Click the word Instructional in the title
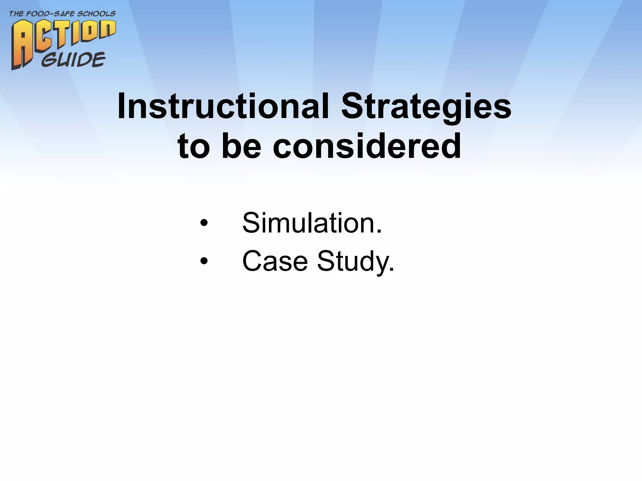(223, 107)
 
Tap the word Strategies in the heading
(426, 107)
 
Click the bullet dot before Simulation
(204, 223)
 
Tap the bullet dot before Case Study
(204, 261)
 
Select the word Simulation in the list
(308, 223)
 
